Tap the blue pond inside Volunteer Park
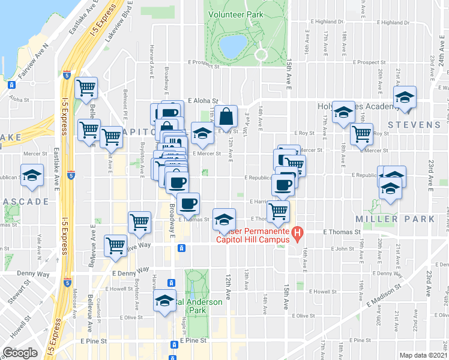233,43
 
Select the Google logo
20,353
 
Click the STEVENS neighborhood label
414,125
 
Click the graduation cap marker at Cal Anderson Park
164,301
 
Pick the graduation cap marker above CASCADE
32,175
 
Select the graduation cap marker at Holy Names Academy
344,112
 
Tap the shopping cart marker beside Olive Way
116,245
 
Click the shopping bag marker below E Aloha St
226,115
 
